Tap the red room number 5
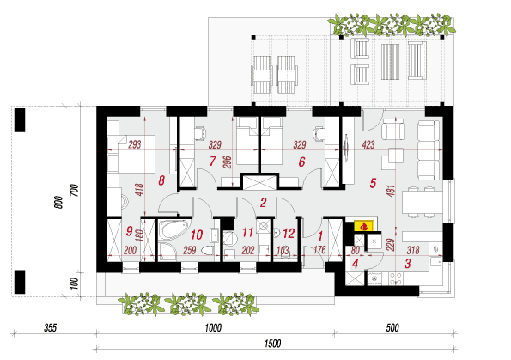(x=373, y=183)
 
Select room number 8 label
(x=161, y=180)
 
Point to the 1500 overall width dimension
(x=273, y=344)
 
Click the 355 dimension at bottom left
(x=50, y=327)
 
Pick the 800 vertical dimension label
(x=58, y=203)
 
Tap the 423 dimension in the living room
(x=368, y=144)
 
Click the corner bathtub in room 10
(x=173, y=230)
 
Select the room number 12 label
(x=289, y=234)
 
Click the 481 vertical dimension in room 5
(x=391, y=191)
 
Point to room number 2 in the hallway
(x=264, y=203)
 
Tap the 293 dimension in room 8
(x=135, y=144)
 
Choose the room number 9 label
(x=130, y=231)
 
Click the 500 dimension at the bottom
(x=392, y=327)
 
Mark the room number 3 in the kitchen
(x=408, y=264)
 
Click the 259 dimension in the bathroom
(x=189, y=250)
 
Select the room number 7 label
(x=213, y=161)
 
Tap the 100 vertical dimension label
(x=75, y=284)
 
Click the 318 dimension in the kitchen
(x=413, y=250)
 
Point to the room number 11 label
(x=247, y=233)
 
